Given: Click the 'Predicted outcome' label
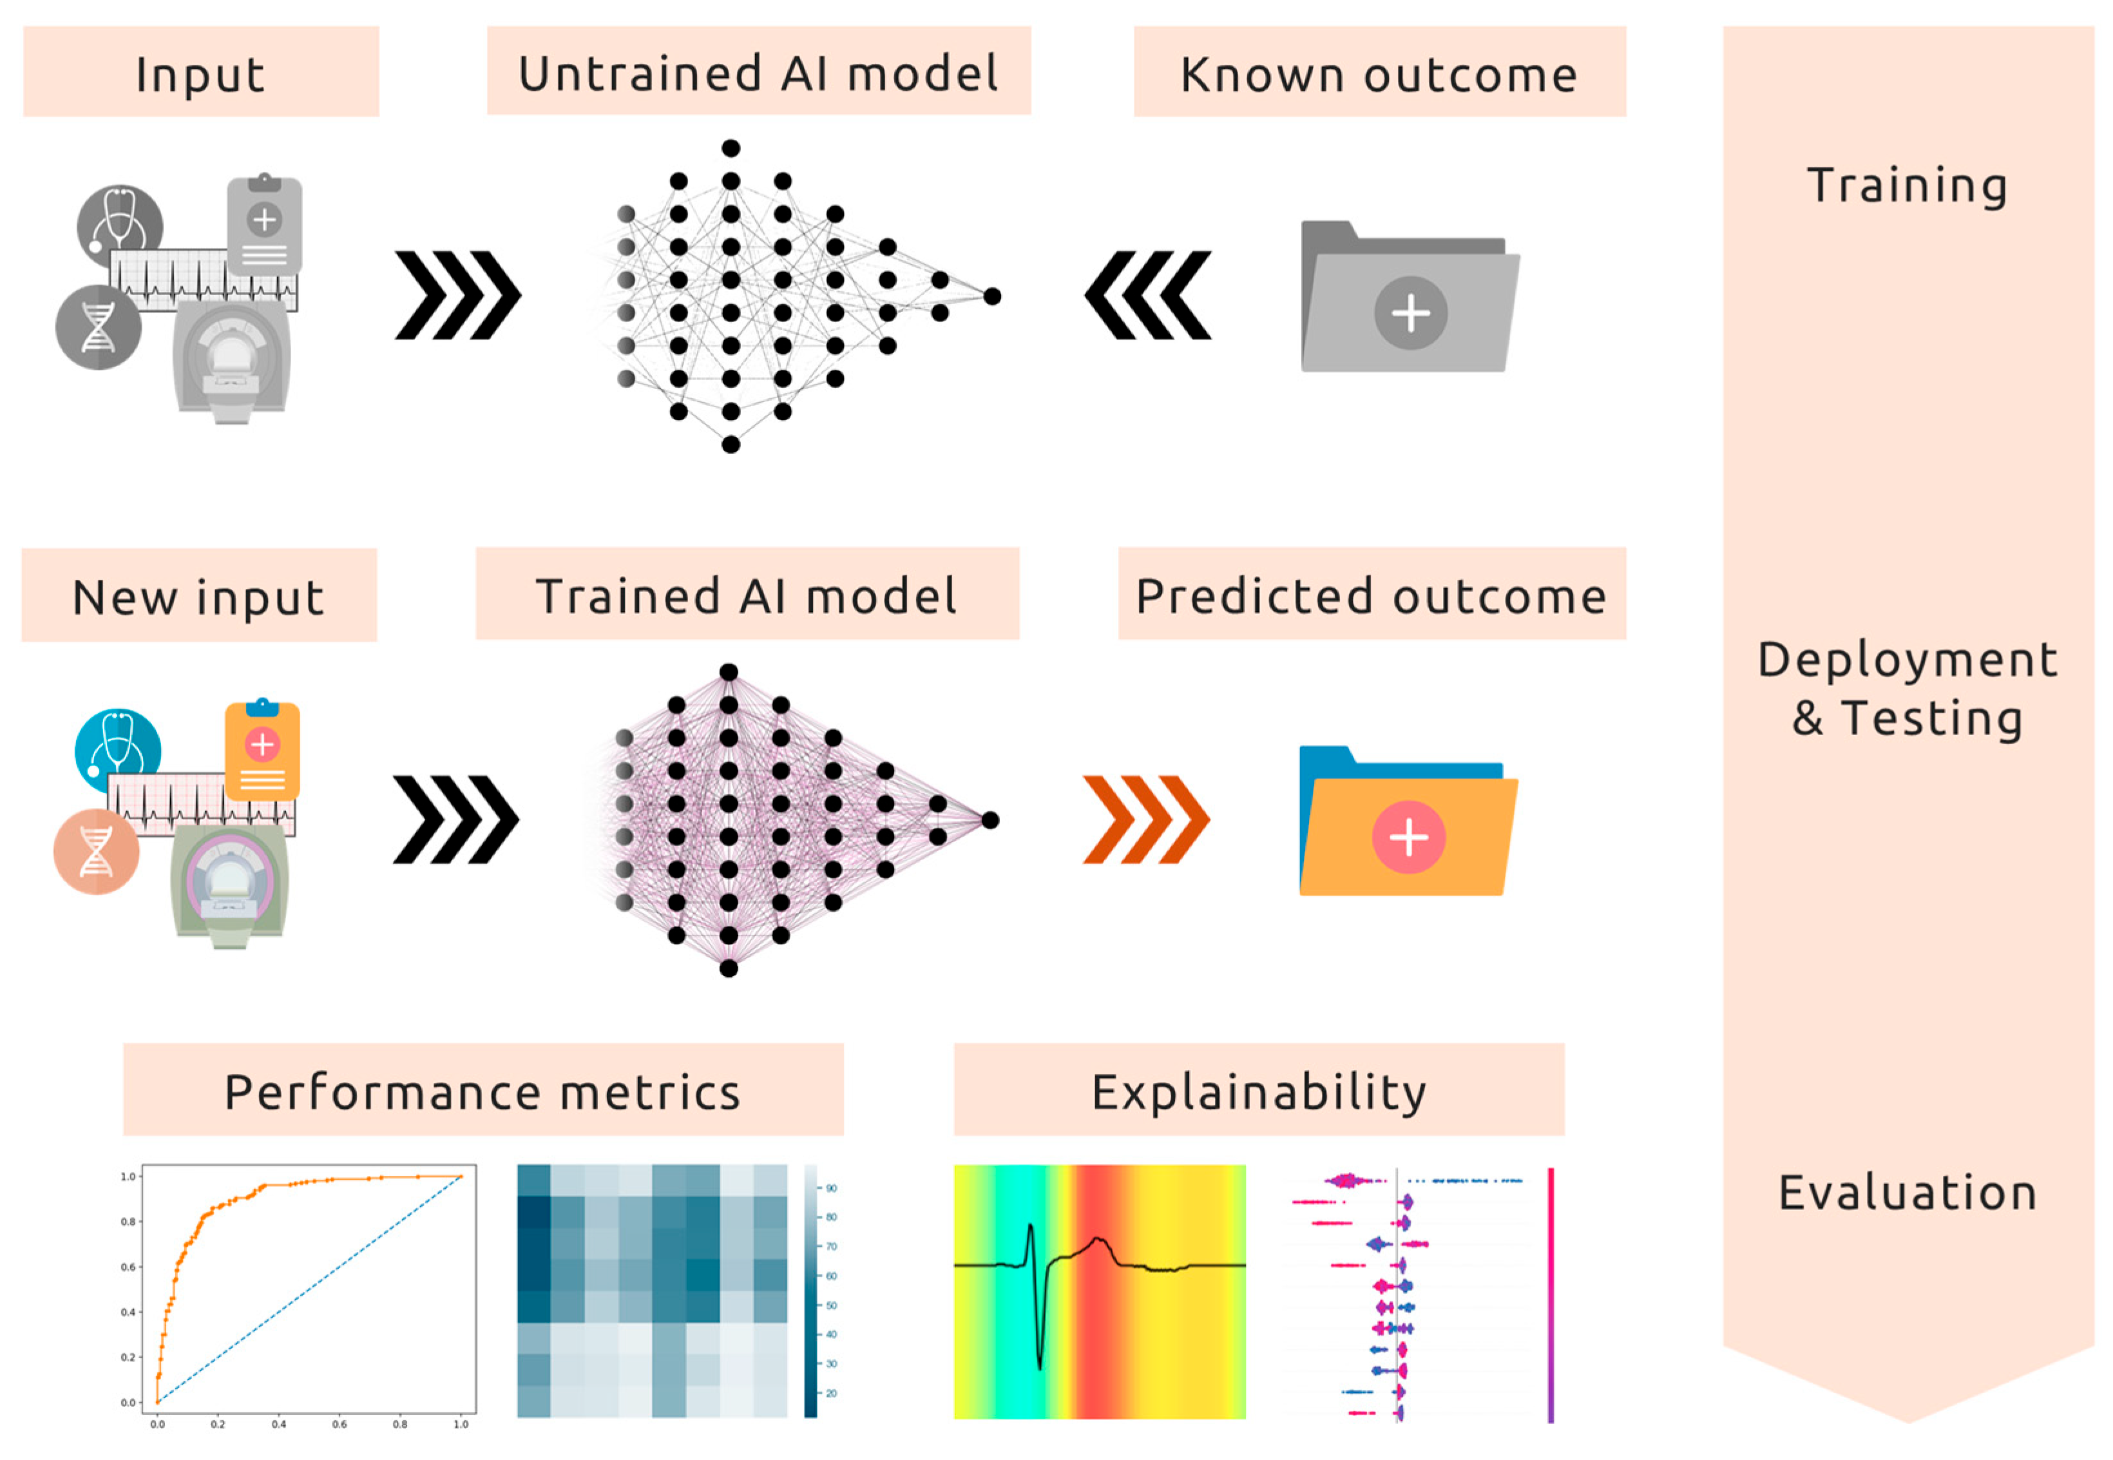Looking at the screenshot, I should click(x=1371, y=595).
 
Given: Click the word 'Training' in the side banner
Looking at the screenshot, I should click(x=1907, y=186).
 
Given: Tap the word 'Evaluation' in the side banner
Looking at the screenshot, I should click(x=1907, y=1192).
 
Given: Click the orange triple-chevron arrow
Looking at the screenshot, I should click(x=1145, y=819).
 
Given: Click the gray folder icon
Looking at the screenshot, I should click(x=1409, y=297).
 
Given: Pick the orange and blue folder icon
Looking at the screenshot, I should click(x=1407, y=821).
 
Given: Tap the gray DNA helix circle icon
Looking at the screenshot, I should click(x=98, y=327).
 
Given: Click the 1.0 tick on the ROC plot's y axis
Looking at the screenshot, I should click(x=129, y=1177).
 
